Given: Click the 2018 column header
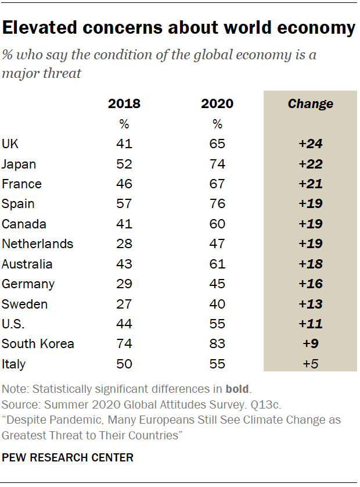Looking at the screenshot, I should click(x=124, y=104).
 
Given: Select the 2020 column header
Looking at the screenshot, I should click(x=217, y=104).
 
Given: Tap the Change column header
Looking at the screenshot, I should click(x=310, y=104).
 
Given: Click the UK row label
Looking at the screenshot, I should click(x=11, y=144).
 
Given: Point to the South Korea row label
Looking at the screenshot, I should click(x=38, y=344).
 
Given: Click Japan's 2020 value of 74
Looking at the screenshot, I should click(x=217, y=164).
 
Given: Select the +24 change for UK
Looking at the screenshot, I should click(x=310, y=144).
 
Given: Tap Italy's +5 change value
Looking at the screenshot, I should click(x=310, y=364).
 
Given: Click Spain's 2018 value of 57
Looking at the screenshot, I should click(x=124, y=204).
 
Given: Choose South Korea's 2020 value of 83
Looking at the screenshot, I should click(x=217, y=344).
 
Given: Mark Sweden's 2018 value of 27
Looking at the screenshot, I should click(x=124, y=304).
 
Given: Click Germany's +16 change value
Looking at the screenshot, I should click(x=310, y=284).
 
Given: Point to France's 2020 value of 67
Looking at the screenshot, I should click(x=217, y=184).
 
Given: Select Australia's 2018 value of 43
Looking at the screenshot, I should click(x=124, y=264).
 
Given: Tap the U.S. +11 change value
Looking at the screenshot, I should click(x=310, y=324).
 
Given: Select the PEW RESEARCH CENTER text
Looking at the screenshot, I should click(x=68, y=458).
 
